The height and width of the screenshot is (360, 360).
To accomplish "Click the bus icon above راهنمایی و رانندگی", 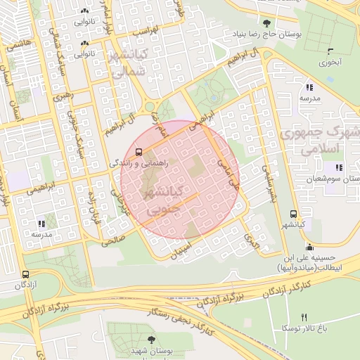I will coord(139,151).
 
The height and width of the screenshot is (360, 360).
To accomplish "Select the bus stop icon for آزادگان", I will coord(26,275).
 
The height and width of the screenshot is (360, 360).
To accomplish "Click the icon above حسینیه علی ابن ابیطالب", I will coord(310,247).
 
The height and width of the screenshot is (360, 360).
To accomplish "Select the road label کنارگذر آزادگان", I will coord(295,290).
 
